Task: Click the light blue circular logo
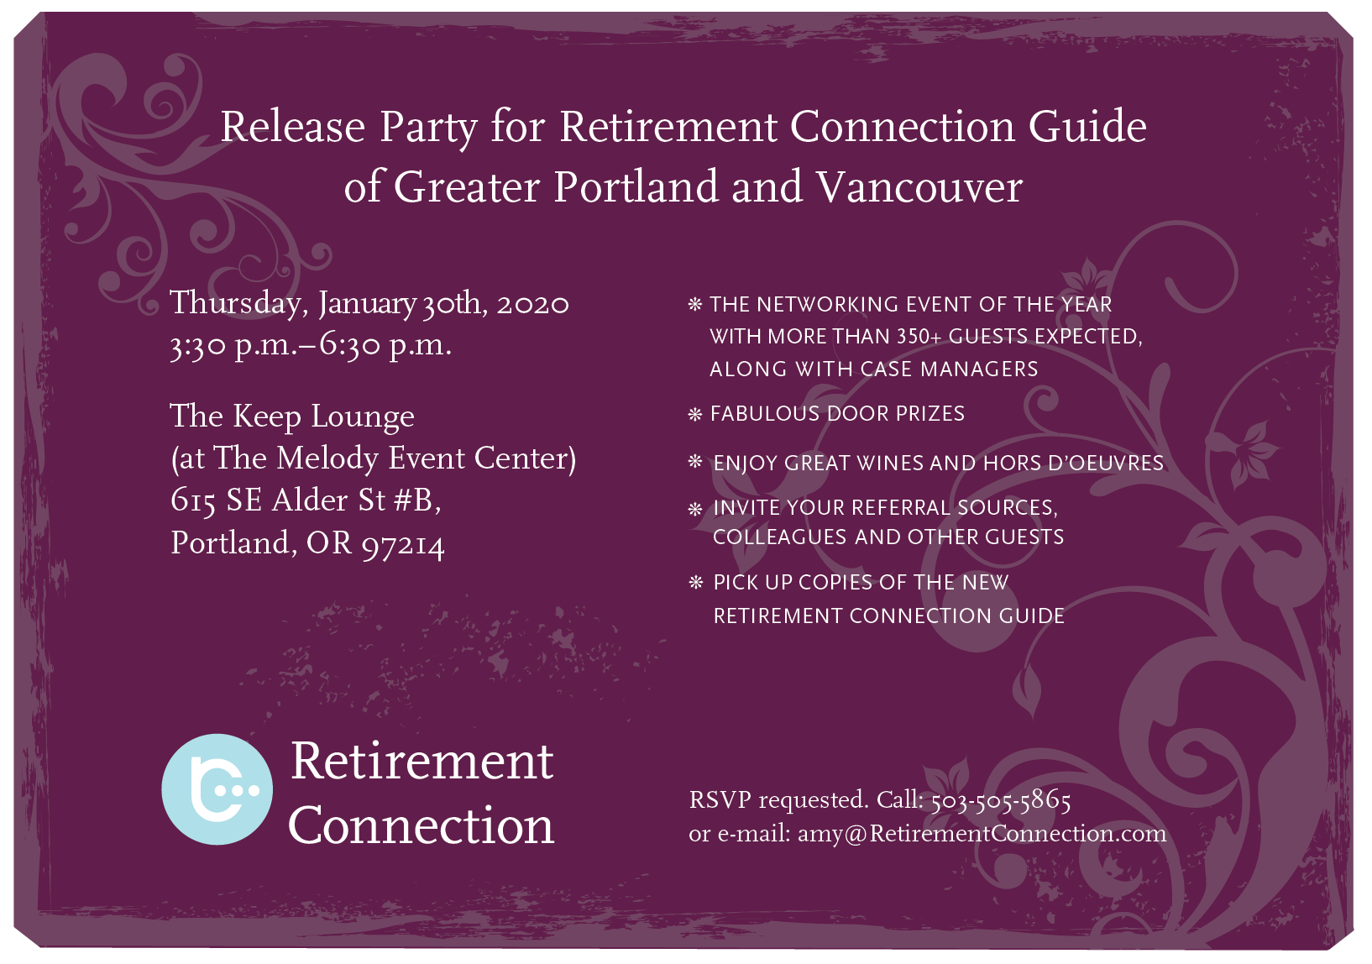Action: [x=217, y=788]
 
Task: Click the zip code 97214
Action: [x=402, y=545]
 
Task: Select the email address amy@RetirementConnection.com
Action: [x=982, y=834]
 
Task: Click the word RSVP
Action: [x=720, y=800]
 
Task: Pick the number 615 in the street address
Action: [x=193, y=501]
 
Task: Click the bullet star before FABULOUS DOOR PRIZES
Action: [x=694, y=415]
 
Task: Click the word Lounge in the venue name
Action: [x=363, y=417]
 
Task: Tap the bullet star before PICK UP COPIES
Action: [x=695, y=582]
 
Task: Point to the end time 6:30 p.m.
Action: [x=385, y=346]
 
